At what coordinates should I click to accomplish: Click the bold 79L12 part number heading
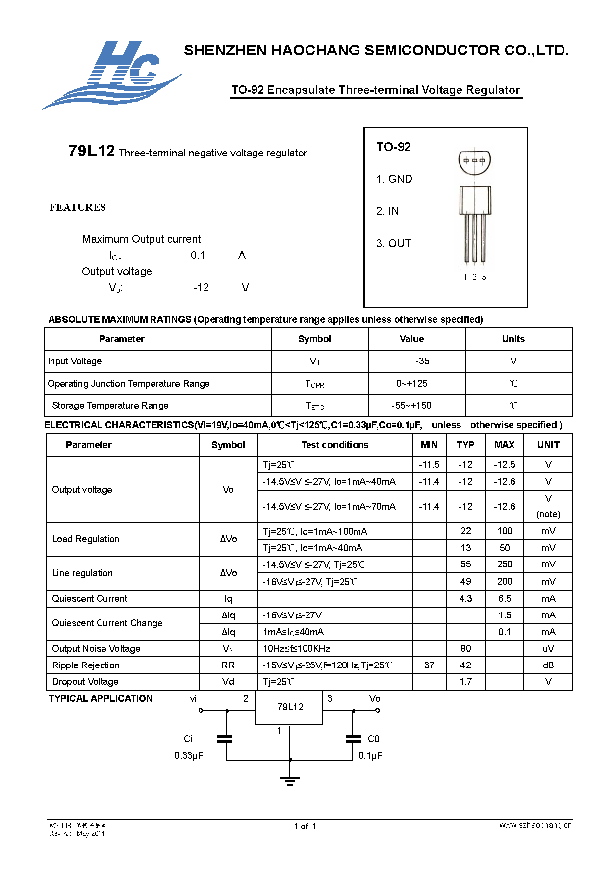point(92,151)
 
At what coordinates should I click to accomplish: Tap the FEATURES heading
point(78,207)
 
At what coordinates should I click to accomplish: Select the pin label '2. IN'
point(387,211)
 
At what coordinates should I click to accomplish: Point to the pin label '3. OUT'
point(394,244)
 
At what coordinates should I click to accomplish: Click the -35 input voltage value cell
point(422,361)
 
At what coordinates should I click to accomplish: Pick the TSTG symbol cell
point(315,406)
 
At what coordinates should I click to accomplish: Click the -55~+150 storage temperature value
point(411,406)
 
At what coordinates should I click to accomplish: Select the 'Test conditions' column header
point(335,445)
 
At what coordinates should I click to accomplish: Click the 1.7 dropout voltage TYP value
point(465,682)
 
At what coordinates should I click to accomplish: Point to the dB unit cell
point(548,665)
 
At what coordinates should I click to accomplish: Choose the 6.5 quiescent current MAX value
point(505,598)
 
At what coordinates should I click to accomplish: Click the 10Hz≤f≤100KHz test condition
point(297,649)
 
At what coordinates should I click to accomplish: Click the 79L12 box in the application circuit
point(290,707)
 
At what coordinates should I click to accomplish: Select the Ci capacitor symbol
point(224,739)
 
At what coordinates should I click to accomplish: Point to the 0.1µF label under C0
point(370,756)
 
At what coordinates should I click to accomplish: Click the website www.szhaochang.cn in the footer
point(535,825)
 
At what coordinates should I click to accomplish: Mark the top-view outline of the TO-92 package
point(475,161)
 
